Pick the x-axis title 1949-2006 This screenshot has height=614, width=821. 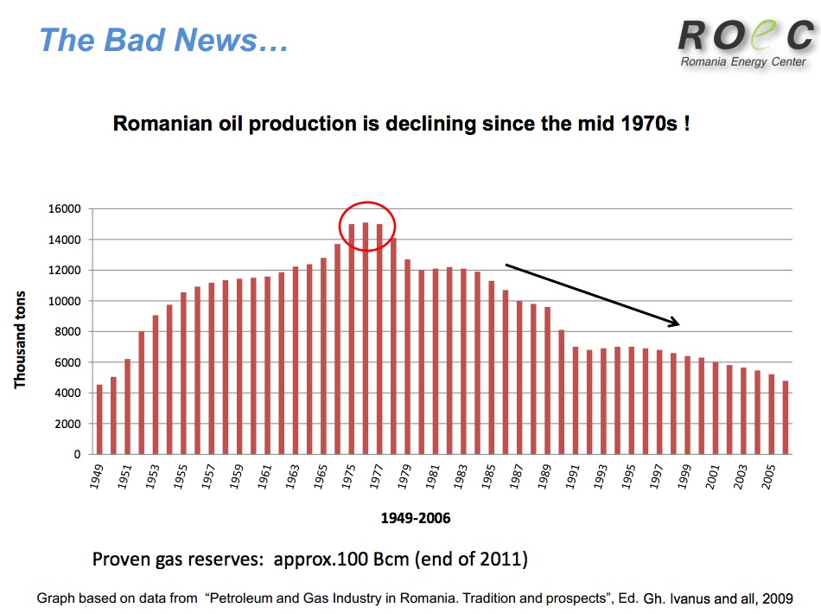click(416, 519)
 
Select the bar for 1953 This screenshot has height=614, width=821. click(156, 385)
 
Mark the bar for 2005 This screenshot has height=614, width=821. click(771, 414)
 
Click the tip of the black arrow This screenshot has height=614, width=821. click(679, 324)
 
